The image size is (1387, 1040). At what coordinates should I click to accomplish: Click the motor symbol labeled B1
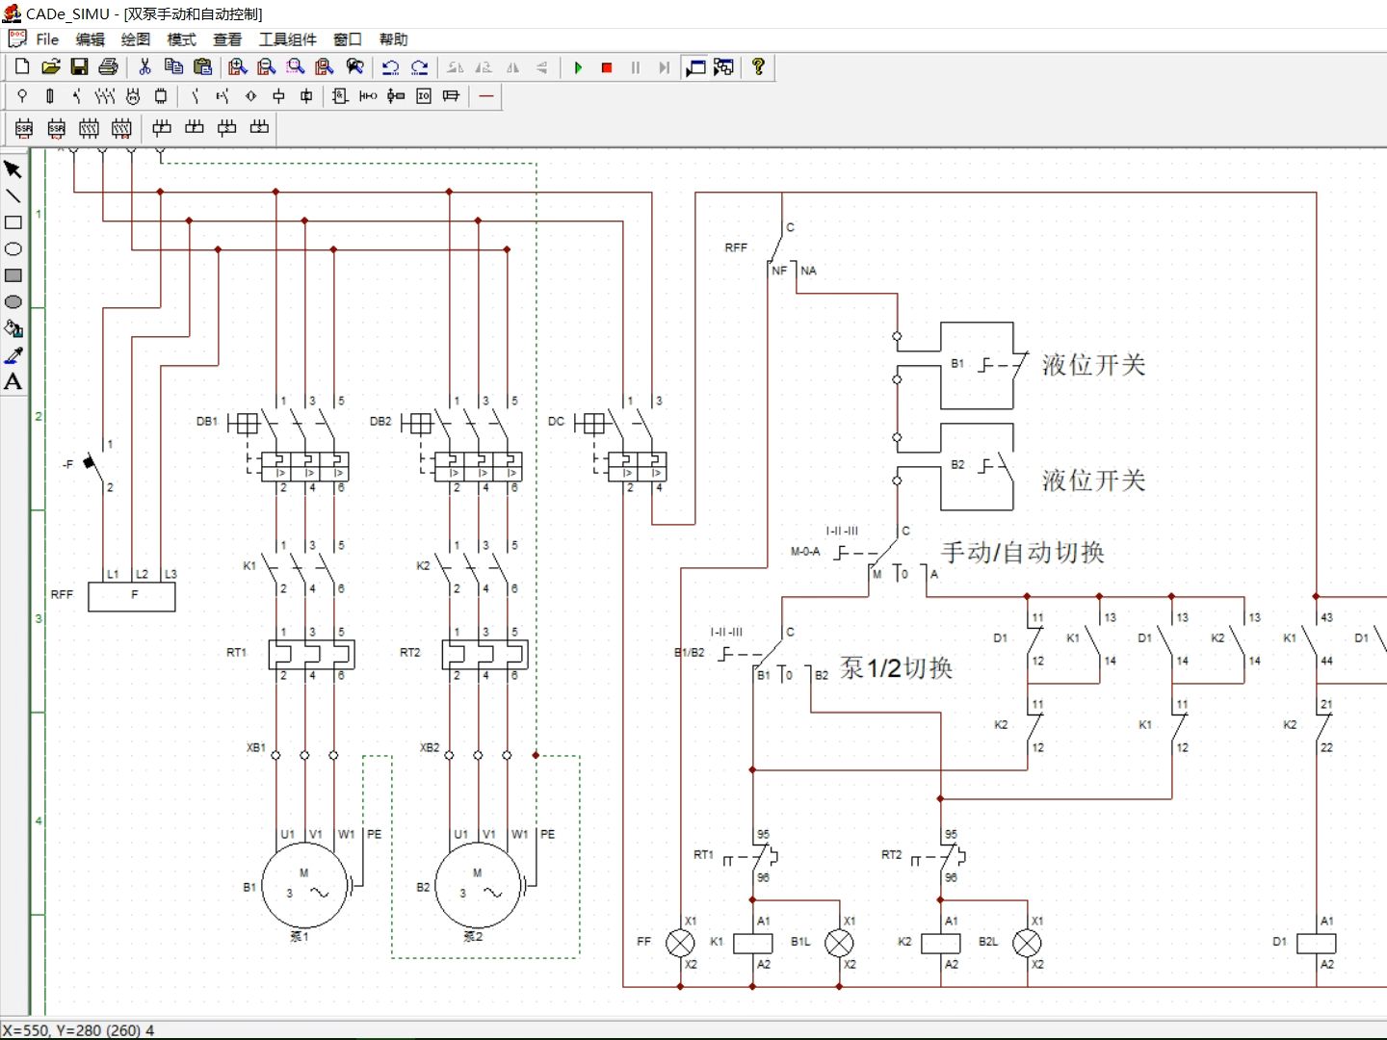pyautogui.click(x=304, y=887)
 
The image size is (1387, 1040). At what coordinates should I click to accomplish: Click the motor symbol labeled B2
pyautogui.click(x=478, y=887)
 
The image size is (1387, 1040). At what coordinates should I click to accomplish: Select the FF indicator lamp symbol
pyautogui.click(x=680, y=943)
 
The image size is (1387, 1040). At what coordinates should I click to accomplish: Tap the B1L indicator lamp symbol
pyautogui.click(x=839, y=943)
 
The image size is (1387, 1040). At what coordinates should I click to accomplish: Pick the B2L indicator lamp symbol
pyautogui.click(x=1027, y=943)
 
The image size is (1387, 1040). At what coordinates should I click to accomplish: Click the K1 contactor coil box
pyautogui.click(x=752, y=943)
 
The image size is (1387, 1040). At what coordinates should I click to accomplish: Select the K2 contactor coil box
pyautogui.click(x=940, y=943)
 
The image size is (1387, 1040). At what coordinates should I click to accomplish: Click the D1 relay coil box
pyautogui.click(x=1316, y=943)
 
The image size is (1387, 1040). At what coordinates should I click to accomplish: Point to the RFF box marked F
pyautogui.click(x=132, y=596)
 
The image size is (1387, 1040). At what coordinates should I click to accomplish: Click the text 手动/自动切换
pyautogui.click(x=1022, y=553)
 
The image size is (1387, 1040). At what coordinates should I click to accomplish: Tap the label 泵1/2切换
pyautogui.click(x=896, y=668)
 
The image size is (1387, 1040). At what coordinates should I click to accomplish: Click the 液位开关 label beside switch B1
pyautogui.click(x=1093, y=365)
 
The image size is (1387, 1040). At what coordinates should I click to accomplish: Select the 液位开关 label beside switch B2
pyautogui.click(x=1093, y=481)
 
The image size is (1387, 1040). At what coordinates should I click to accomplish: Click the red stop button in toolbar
pyautogui.click(x=607, y=67)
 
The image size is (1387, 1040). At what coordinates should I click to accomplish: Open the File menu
pyautogui.click(x=47, y=39)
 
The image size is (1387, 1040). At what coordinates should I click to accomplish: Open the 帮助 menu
pyautogui.click(x=393, y=39)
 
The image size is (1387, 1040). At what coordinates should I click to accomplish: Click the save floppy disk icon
pyautogui.click(x=80, y=66)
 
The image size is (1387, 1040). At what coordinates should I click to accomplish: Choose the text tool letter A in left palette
pyautogui.click(x=13, y=382)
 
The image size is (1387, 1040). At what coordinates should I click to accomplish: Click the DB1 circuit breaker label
pyautogui.click(x=207, y=422)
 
